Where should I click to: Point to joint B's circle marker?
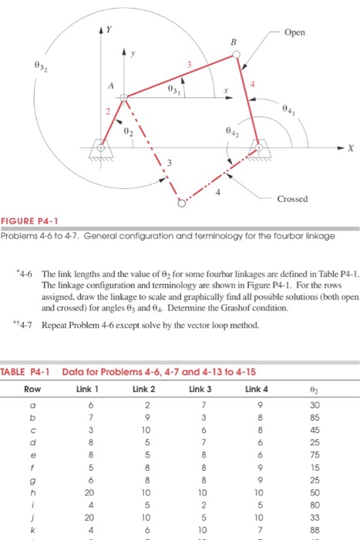click(237, 55)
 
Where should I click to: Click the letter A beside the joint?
click(110, 87)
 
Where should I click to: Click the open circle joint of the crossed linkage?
click(181, 205)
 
